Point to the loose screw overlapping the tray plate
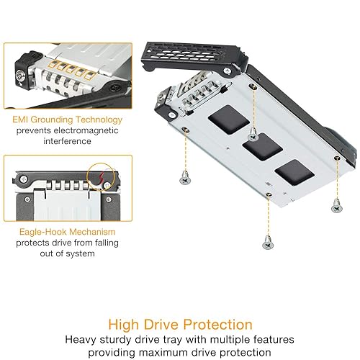click(253, 134)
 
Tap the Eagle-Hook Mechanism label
click(58, 232)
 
